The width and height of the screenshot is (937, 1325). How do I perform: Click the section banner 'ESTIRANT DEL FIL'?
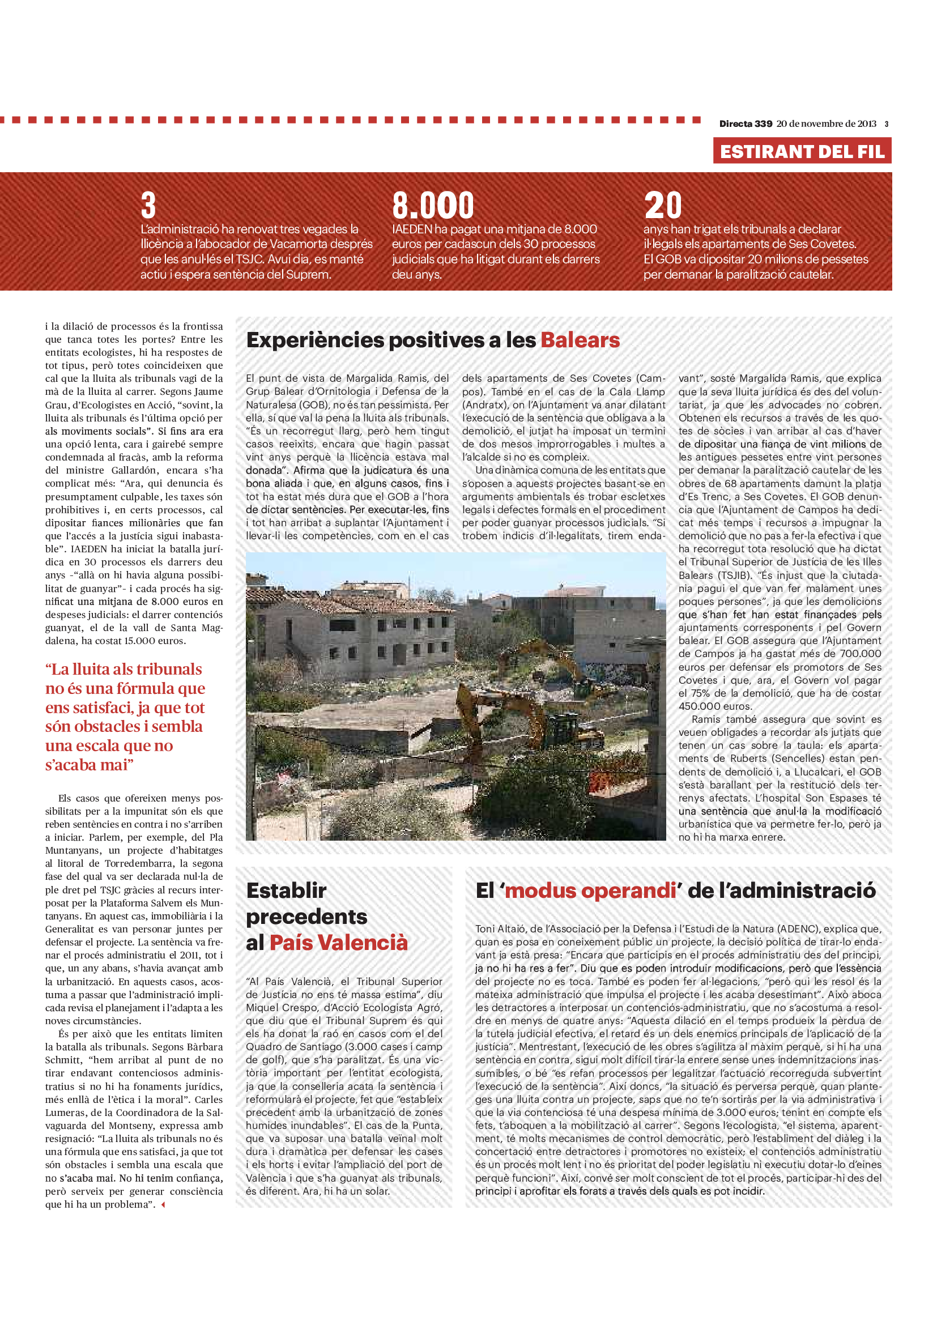[802, 151]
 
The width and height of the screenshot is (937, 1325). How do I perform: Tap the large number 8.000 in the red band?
[433, 206]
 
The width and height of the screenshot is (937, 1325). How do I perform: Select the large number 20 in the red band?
[663, 206]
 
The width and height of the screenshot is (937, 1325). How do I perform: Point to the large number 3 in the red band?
[148, 206]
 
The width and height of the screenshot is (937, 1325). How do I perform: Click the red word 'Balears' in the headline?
[580, 340]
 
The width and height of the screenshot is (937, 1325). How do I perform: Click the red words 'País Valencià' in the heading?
[338, 943]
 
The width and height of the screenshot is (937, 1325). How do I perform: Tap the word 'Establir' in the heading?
[286, 891]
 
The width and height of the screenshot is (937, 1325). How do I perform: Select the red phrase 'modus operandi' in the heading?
[590, 891]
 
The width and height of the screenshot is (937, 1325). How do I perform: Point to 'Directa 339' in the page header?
[746, 123]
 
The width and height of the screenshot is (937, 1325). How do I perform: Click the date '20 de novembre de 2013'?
[826, 123]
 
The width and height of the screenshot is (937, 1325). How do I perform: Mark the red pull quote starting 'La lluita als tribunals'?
[125, 717]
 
